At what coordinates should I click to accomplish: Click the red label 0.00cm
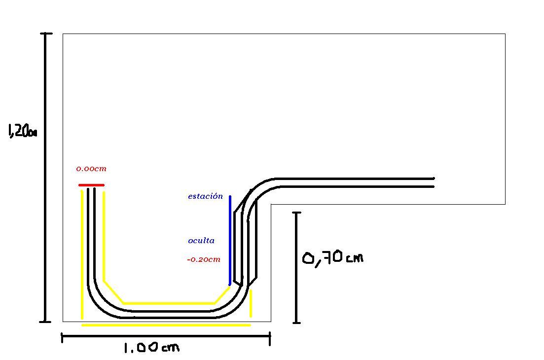tap(91, 169)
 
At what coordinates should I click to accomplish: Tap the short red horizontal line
tap(91, 185)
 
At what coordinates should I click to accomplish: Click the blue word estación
tap(205, 196)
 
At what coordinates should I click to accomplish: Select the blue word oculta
tap(201, 241)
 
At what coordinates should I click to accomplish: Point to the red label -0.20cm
tap(204, 259)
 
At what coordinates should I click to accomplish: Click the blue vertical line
tap(230, 241)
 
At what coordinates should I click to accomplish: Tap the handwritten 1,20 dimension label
tap(22, 131)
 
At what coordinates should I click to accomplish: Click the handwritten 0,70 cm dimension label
tap(333, 258)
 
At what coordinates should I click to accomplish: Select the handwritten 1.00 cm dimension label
tap(151, 348)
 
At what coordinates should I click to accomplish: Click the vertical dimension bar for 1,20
tap(45, 178)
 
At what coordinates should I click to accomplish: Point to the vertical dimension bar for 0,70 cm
tap(296, 268)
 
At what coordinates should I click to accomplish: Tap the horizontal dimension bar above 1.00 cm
tap(166, 336)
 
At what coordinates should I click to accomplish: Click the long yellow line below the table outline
tap(166, 325)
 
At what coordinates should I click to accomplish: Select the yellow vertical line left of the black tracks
tap(82, 254)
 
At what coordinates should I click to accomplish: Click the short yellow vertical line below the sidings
tap(251, 303)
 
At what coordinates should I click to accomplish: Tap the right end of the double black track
tap(434, 183)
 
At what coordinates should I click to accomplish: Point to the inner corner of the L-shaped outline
tap(271, 204)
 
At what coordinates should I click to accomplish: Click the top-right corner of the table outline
tap(505, 34)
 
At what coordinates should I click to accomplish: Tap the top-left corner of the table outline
tap(63, 34)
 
